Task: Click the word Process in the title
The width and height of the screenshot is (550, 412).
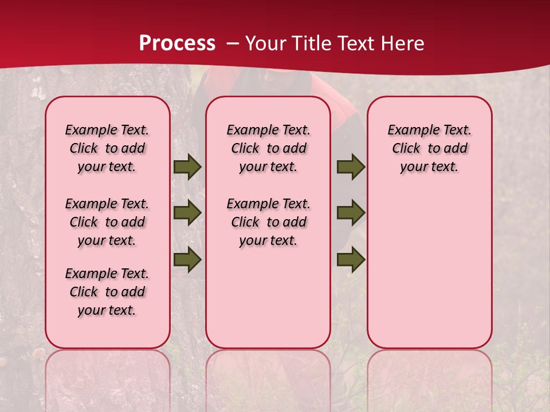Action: click(177, 43)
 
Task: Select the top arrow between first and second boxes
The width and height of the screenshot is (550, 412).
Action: click(187, 167)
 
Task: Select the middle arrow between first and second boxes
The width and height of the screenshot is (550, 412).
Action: click(187, 213)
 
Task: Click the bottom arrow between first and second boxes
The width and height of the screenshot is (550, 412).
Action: click(187, 260)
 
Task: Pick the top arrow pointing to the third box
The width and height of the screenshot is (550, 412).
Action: click(351, 167)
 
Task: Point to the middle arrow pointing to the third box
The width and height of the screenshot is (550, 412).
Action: click(351, 213)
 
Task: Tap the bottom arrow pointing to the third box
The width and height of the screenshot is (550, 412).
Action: click(351, 260)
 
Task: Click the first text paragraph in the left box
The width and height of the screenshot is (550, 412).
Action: click(107, 148)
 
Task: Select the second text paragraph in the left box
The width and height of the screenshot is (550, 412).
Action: click(107, 222)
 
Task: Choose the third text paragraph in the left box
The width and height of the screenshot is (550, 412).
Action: click(107, 292)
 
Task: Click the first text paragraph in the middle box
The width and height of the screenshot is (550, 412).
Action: click(268, 148)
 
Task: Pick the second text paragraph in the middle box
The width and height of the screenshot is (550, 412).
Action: click(268, 222)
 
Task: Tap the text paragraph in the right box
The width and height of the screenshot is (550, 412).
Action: click(430, 148)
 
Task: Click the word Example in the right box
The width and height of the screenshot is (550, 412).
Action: click(410, 130)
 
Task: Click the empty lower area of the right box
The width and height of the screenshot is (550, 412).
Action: click(430, 275)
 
